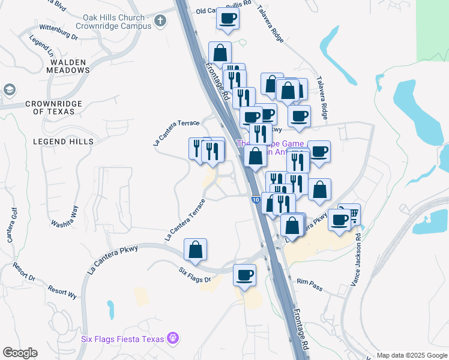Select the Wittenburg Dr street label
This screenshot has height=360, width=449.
tap(58, 32)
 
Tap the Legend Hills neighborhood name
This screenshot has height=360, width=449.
tap(64, 141)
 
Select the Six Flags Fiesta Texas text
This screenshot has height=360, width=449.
tap(122, 339)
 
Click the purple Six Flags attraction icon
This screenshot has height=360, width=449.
tap(173, 339)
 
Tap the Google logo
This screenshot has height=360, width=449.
tap(20, 353)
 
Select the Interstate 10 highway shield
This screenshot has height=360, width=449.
tap(256, 200)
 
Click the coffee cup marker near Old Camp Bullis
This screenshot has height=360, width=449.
tap(228, 19)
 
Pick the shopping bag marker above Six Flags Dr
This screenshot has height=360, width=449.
tap(196, 249)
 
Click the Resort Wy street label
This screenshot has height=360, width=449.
tap(63, 292)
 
